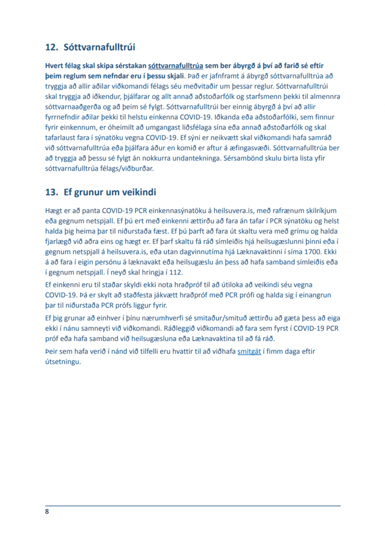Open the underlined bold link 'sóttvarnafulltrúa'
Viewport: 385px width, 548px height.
176,67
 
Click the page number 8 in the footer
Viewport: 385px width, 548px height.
47,512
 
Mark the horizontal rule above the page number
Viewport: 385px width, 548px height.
193,505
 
